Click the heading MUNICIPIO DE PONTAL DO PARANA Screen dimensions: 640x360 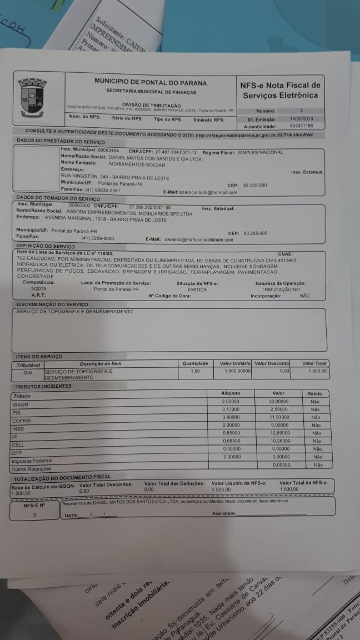coord(151,81)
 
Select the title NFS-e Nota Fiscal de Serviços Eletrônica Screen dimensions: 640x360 coord(280,90)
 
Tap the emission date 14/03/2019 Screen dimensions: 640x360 coord(301,118)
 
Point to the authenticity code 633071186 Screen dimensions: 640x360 coord(301,126)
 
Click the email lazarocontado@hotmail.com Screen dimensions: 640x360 coord(208,192)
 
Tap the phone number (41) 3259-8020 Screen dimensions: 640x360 coord(98,238)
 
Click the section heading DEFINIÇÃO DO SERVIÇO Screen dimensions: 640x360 coord(46,246)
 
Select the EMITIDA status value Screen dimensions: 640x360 coord(197,289)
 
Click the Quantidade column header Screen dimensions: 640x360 coord(195,363)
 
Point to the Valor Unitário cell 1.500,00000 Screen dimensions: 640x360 coord(238,371)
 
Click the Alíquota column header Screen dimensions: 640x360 coord(231,393)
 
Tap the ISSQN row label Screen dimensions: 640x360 coord(20,405)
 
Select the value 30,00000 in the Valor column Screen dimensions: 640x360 coord(279,401)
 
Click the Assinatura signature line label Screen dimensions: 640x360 coord(223,513)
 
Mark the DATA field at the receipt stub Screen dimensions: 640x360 coord(72,516)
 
